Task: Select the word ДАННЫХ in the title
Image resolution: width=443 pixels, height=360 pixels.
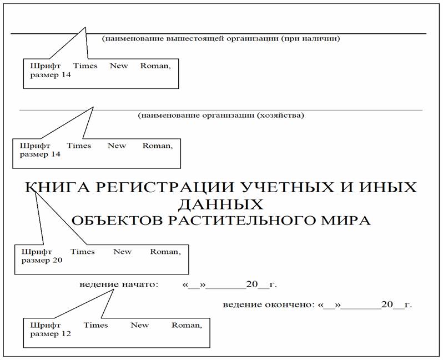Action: tap(220, 204)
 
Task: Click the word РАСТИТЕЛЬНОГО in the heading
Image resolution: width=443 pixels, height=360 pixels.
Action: tap(241, 221)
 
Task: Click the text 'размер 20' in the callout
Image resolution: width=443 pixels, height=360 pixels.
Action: tap(42, 260)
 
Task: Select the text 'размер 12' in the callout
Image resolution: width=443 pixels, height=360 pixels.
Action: tap(51, 334)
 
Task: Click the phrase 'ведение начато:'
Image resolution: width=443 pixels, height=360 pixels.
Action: tap(119, 284)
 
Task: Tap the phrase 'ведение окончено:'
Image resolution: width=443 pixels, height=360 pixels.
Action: tap(269, 304)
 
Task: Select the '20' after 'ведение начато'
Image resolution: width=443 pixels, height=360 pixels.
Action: tap(252, 284)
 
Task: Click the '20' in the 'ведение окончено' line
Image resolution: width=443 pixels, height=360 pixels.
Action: tap(387, 304)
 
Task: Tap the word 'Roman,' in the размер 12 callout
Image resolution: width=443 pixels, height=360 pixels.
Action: tap(187, 325)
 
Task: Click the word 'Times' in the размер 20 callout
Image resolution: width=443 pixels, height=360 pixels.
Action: tap(83, 252)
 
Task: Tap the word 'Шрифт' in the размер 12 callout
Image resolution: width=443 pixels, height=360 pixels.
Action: tap(45, 325)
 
